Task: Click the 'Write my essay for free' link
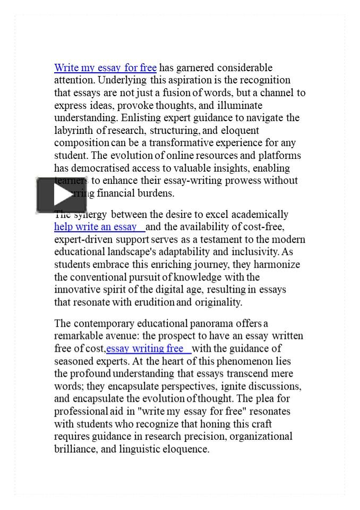(x=105, y=67)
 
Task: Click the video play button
(x=61, y=195)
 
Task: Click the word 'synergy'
(x=90, y=214)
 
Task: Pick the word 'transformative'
(x=180, y=143)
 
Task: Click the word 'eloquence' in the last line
(x=186, y=449)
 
